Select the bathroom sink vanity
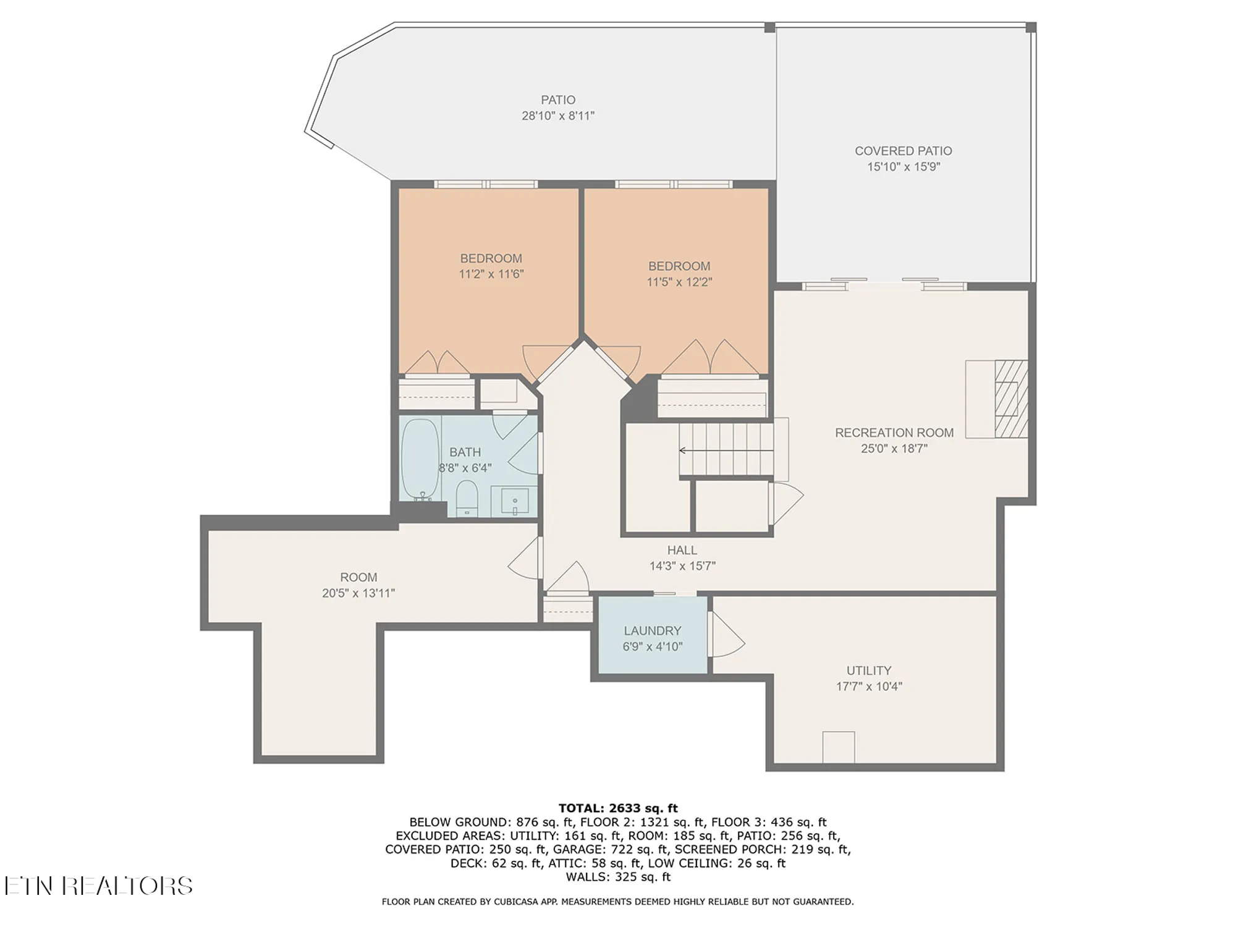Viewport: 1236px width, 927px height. tap(514, 501)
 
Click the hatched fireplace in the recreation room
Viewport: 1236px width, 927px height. tap(1011, 399)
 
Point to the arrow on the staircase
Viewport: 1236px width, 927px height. tap(684, 451)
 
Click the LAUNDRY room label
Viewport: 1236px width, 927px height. tap(652, 631)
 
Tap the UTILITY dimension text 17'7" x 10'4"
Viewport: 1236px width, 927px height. tap(869, 686)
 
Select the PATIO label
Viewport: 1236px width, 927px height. tap(558, 100)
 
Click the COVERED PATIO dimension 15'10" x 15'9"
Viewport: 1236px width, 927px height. tap(903, 167)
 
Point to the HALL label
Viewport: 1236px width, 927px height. tap(682, 550)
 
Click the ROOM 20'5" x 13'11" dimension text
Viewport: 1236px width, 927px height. tap(358, 593)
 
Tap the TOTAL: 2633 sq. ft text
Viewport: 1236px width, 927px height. tap(618, 808)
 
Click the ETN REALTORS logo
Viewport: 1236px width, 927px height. tap(99, 886)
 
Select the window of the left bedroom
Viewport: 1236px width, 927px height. tap(486, 184)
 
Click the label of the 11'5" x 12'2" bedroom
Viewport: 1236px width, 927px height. tap(679, 266)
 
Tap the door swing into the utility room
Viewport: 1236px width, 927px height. tap(726, 637)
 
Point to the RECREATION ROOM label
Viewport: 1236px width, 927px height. tap(894, 433)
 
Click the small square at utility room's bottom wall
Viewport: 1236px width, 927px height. tap(838, 747)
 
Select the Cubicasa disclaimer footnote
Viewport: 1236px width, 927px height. tap(618, 902)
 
